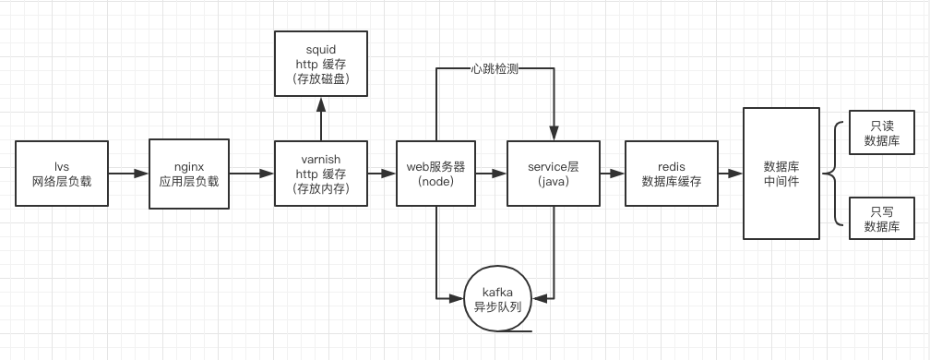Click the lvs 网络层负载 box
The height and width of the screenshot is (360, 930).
[x=62, y=174]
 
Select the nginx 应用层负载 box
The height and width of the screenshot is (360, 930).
[x=189, y=174]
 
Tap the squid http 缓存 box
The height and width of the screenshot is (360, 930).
[x=321, y=63]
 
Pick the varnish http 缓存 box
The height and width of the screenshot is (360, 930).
[x=321, y=174]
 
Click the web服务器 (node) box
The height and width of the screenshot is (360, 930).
[x=435, y=174]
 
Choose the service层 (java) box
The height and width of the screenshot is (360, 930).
[x=552, y=174]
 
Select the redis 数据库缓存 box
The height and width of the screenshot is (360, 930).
[x=671, y=174]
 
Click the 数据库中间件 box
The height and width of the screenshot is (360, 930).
[x=781, y=174]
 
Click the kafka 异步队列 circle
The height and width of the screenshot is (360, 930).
[x=498, y=298]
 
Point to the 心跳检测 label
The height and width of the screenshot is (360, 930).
[x=494, y=68]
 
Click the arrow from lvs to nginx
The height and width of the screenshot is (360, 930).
[x=128, y=174]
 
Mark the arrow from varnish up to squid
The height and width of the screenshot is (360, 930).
[x=321, y=118]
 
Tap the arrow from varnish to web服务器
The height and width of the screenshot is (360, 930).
[x=381, y=174]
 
